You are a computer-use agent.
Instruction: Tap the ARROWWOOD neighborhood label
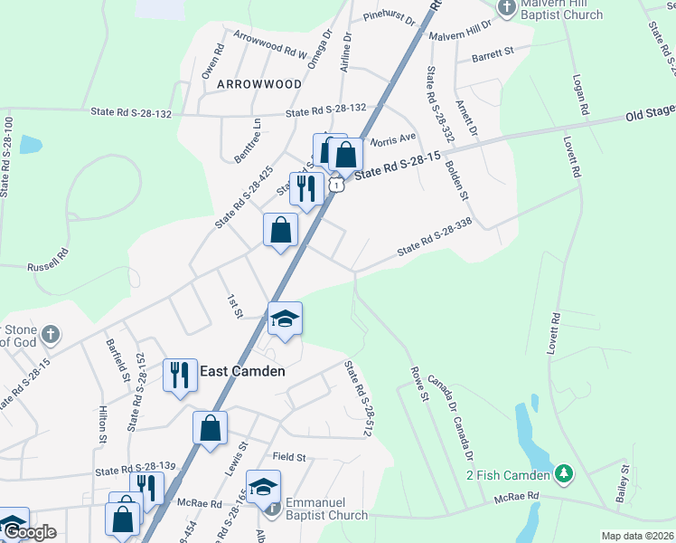click(258, 84)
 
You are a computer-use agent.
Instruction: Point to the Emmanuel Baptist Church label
click(326, 509)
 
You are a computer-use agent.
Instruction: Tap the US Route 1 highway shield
click(336, 185)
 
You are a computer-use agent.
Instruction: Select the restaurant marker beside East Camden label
click(180, 375)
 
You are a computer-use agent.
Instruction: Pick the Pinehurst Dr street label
click(388, 17)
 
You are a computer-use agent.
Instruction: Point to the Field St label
click(291, 458)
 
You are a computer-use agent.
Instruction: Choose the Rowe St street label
click(418, 383)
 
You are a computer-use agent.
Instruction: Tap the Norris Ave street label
click(396, 138)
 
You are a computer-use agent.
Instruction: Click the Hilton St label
click(102, 425)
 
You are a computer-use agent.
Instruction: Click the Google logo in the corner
click(29, 532)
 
